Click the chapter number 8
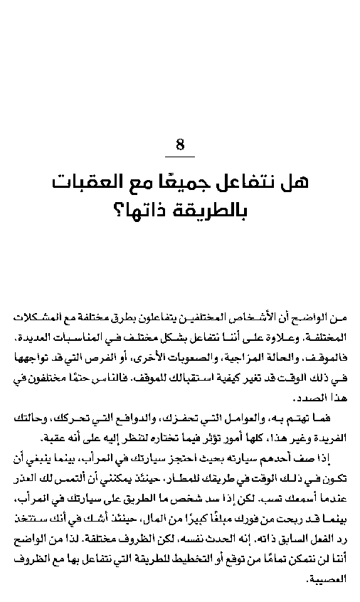pyautogui.click(x=180, y=145)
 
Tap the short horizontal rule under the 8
pyautogui.click(x=180, y=157)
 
